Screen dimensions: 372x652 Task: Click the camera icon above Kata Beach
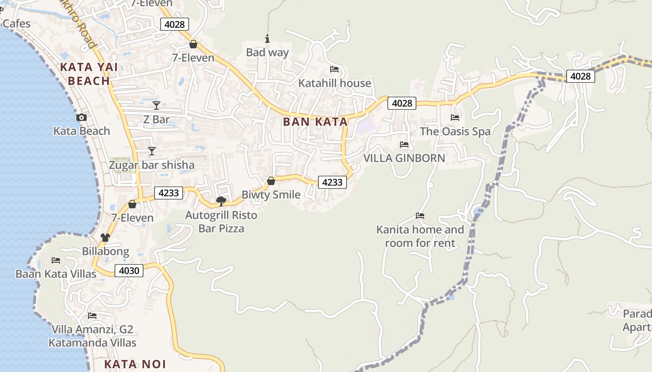[81, 117]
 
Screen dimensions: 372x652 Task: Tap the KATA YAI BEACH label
[88, 74]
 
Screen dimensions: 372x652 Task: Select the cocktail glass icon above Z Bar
[156, 106]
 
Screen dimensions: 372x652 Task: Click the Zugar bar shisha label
[151, 165]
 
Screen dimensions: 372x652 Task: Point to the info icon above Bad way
[267, 39]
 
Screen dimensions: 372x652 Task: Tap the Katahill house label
[334, 83]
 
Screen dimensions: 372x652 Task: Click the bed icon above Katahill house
[334, 69]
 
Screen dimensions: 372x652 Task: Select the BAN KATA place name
[315, 122]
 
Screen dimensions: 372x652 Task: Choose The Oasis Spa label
[455, 131]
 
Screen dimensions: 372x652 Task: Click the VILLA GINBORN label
[404, 158]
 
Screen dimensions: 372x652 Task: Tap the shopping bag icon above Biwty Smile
[271, 181]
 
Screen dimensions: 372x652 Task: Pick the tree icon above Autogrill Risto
[221, 201]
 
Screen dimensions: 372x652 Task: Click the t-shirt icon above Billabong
[105, 238]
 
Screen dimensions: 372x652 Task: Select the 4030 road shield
[129, 270]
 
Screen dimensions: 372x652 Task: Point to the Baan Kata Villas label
[56, 274]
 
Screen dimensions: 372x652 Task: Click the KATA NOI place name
[135, 364]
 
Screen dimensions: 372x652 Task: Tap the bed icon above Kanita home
[420, 216]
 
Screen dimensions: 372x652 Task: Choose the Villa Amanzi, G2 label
[92, 330]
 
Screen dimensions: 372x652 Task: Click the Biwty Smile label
[271, 194]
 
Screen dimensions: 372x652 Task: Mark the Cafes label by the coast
[16, 24]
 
